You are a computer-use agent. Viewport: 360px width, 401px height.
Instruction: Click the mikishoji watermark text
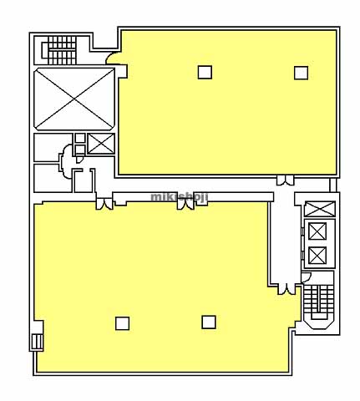point(180,197)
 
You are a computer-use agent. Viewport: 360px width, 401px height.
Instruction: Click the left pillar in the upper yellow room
point(205,72)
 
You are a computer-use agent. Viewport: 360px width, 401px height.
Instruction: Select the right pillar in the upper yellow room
point(301,73)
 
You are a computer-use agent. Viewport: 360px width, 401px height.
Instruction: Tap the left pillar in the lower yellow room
point(122,323)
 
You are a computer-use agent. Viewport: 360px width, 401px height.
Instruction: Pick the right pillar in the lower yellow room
point(209,322)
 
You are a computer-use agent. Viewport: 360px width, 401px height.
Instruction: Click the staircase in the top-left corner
point(59,50)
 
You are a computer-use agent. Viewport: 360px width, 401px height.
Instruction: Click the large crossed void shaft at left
point(74,99)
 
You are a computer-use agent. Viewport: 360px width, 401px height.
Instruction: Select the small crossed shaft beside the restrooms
point(101,144)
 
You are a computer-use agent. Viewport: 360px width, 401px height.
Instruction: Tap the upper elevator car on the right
point(317,231)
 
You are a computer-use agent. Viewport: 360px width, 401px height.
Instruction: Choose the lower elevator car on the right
point(317,255)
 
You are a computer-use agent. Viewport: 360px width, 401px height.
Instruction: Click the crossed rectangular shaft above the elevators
point(320,209)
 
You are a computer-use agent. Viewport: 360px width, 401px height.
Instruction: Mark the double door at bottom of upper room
point(285,180)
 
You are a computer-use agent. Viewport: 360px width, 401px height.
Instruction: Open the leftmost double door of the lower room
point(104,204)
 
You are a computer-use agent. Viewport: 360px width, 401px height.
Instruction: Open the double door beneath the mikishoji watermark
point(185,204)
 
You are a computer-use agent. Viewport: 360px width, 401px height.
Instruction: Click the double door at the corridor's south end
point(286,289)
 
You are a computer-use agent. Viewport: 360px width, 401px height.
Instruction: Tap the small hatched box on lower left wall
point(37,342)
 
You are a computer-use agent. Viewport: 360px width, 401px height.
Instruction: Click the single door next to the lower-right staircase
point(306,277)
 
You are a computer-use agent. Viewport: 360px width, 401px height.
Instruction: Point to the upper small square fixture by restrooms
point(80,138)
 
